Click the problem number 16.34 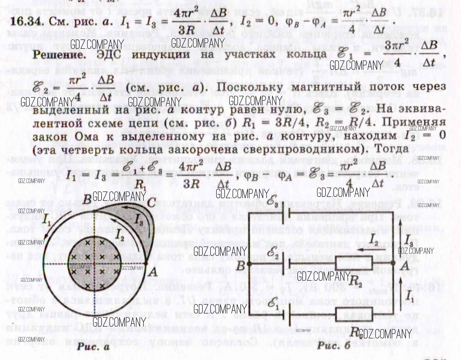[x=27, y=22]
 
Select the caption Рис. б [x=334, y=345]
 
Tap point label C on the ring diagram [x=151, y=203]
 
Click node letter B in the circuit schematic [x=241, y=266]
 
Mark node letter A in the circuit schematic [x=405, y=266]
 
